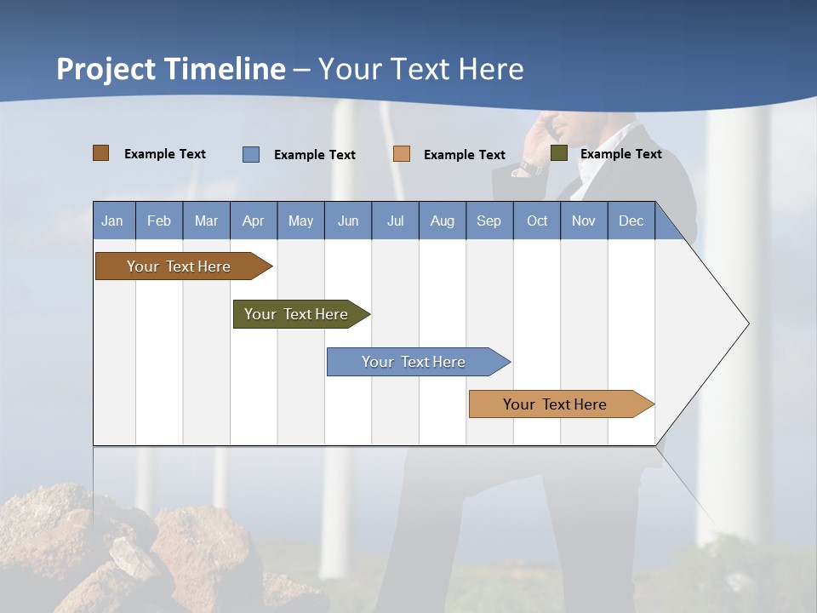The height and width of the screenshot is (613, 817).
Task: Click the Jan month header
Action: pos(113,221)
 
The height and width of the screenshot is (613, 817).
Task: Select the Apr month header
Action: pos(254,221)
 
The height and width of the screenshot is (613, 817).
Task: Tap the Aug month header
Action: pos(443,221)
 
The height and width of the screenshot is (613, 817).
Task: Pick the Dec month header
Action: pos(631,221)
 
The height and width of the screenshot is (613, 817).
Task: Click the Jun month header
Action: pos(348,221)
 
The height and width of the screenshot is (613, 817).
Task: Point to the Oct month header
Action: pos(537,221)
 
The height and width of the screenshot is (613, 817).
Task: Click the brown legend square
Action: pos(101,153)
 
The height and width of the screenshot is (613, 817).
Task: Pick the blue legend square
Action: pos(251,154)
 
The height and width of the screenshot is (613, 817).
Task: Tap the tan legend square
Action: pos(402,154)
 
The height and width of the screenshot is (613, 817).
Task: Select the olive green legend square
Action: pos(559,153)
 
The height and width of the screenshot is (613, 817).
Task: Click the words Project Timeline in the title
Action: pos(171,69)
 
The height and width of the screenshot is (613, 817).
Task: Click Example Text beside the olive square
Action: pos(621,154)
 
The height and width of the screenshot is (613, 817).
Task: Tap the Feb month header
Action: pos(159,221)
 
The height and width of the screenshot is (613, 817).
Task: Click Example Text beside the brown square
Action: pos(165,154)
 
